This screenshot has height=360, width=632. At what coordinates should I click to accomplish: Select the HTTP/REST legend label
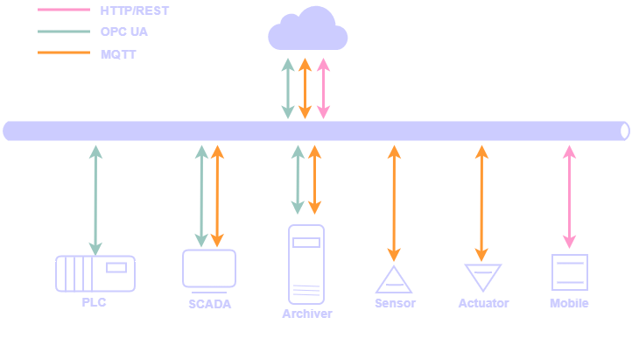coord(135,11)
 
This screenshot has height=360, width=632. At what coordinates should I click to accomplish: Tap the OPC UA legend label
coord(123,32)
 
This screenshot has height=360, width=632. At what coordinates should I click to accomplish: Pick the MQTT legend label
coord(118,53)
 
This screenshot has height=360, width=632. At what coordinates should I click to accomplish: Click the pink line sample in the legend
coord(64,11)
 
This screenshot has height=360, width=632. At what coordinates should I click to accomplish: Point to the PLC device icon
coord(95,273)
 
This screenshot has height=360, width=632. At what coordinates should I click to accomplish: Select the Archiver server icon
coord(306,264)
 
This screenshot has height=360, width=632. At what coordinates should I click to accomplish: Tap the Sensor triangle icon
coord(394,279)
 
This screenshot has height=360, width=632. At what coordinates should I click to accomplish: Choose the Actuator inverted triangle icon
coord(482,277)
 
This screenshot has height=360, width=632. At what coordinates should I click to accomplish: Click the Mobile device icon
coord(569,272)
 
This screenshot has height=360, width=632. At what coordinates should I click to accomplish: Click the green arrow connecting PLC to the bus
coord(95,201)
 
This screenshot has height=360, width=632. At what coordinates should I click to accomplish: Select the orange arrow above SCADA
coord(218,196)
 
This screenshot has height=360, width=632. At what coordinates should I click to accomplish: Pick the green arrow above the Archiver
coord(298,180)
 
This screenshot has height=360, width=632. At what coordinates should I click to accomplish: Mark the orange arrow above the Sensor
coord(394,202)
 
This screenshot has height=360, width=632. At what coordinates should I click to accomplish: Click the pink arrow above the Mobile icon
coord(570,196)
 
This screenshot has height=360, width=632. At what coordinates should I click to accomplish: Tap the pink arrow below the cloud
coord(323,88)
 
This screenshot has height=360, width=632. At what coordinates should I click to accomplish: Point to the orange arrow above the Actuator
coord(481,202)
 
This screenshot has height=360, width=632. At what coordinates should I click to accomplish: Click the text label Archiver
coord(307,314)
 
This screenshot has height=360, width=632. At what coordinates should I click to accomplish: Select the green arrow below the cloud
coord(287,88)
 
